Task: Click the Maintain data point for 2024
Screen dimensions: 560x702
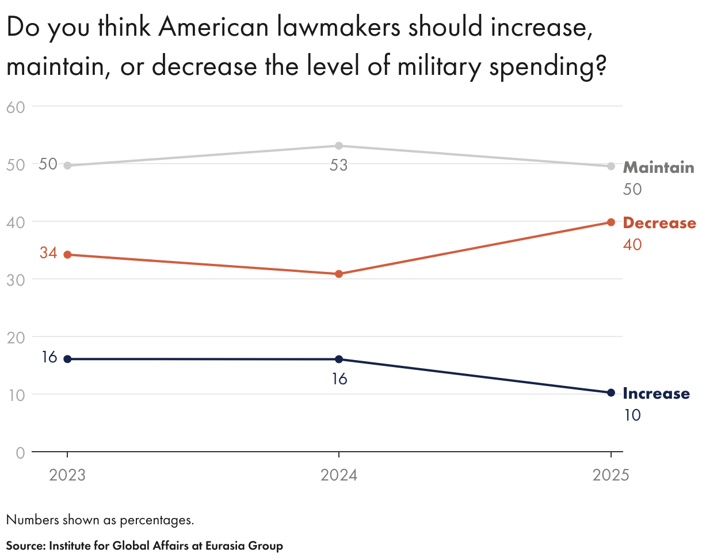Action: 339,146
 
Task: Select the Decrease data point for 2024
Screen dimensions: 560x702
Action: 339,274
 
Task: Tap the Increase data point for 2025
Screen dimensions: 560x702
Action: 611,393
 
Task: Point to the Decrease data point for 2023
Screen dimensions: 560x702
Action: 67,255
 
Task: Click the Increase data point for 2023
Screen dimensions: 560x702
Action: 67,359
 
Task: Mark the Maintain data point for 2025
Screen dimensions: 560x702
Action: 611,166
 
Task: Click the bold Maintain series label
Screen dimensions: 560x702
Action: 659,168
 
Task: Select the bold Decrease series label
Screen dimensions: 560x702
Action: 659,223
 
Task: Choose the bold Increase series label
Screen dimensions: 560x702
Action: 656,393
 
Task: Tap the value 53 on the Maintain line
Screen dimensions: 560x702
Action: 338,166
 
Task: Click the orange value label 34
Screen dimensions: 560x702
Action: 48,252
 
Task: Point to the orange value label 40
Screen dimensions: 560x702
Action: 632,244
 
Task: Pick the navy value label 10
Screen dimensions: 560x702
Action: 632,415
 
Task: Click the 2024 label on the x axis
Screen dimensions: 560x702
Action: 339,475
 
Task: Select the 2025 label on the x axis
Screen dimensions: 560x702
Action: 611,475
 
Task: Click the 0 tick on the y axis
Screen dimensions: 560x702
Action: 20,452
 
